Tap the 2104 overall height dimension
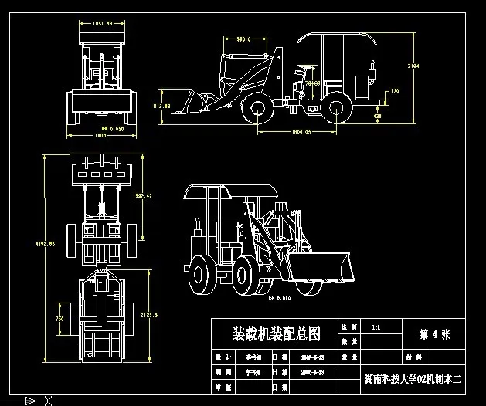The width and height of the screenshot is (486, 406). click(x=413, y=66)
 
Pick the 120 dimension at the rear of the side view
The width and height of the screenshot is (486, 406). click(x=395, y=92)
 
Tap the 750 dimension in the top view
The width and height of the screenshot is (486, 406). click(x=59, y=318)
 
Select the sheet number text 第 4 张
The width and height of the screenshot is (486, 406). click(x=433, y=334)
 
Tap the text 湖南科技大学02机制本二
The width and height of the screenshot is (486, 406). click(x=412, y=379)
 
